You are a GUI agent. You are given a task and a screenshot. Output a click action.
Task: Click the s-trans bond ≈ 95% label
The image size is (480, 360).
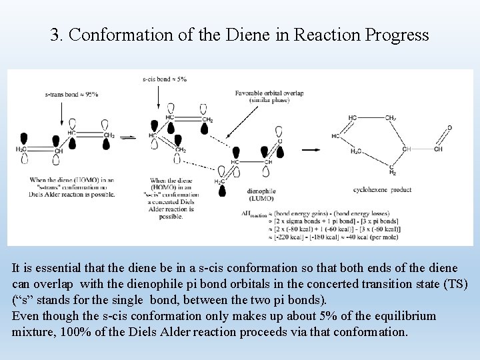pyautogui.click(x=71, y=94)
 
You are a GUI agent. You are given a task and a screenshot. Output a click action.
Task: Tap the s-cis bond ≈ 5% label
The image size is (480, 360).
pyautogui.click(x=165, y=79)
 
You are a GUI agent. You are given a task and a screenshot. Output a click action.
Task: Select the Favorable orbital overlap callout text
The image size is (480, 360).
pyautogui.click(x=269, y=96)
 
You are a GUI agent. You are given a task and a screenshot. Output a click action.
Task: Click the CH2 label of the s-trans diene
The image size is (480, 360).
pyautogui.click(x=109, y=135)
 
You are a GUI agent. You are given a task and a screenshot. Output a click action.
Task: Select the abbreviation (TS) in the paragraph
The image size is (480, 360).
pyautogui.click(x=457, y=285)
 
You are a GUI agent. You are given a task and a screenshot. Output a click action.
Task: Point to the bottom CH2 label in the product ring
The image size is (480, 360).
pyautogui.click(x=393, y=171)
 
